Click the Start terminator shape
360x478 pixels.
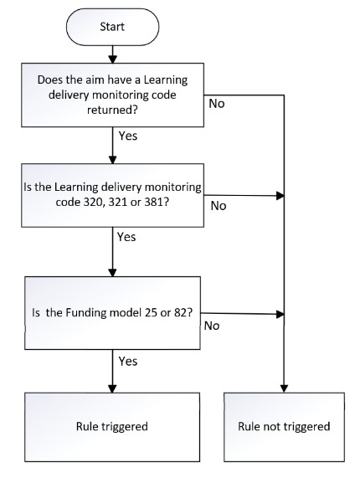pos(112,27)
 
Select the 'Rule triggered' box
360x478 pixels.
pos(112,427)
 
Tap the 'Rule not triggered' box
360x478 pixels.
pos(284,427)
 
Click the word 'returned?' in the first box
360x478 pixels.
pos(112,110)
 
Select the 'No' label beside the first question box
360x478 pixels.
pos(217,104)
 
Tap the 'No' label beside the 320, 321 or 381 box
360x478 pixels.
pos(219,206)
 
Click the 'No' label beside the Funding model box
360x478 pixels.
pos(212,326)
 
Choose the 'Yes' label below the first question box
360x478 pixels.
pos(128,136)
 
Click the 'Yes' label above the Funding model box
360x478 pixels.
pos(126,237)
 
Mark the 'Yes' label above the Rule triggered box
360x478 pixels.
pos(128,362)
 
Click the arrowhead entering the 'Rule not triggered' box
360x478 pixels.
pos(284,388)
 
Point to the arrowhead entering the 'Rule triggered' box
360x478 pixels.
pos(113,388)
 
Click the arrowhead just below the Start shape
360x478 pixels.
pos(113,59)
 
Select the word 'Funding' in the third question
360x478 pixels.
pos(86,313)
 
